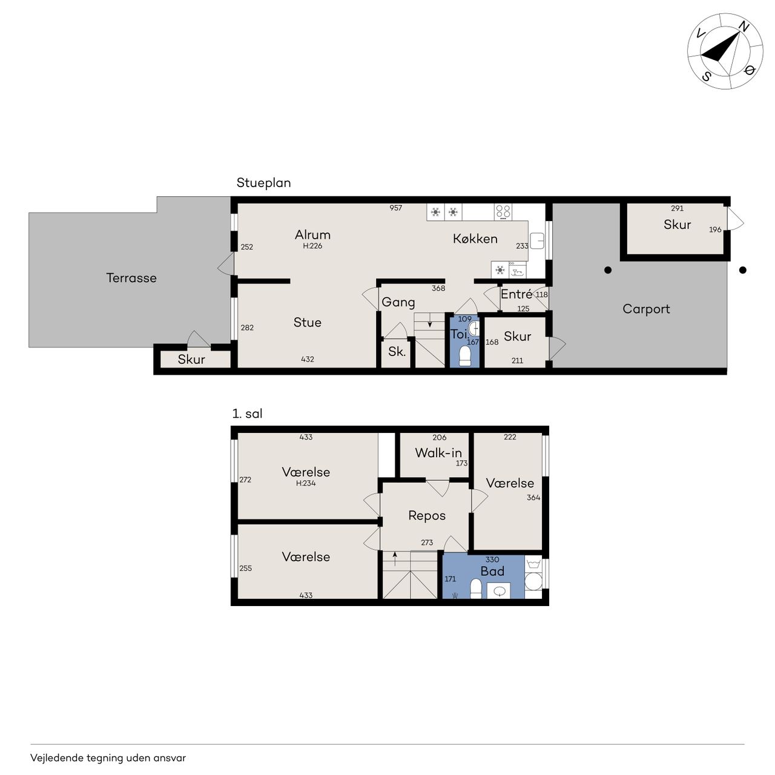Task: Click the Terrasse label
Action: (131, 278)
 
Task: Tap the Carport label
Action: (646, 309)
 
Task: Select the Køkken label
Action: (475, 239)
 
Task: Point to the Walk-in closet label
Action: (438, 453)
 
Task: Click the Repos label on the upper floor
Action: (427, 516)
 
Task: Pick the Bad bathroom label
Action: (492, 572)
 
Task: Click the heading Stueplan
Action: (263, 183)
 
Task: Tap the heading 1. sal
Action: (248, 414)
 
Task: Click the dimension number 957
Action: (396, 208)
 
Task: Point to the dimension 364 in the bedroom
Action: (533, 498)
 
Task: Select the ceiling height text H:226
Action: (312, 246)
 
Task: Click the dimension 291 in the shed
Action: (678, 208)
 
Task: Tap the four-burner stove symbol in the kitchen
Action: (503, 211)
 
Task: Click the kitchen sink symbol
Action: (537, 242)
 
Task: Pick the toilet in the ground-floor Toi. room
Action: (465, 357)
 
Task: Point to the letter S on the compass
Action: (706, 76)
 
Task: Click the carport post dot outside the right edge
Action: (743, 270)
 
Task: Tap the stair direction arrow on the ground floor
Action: (430, 322)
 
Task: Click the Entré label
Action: (516, 294)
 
